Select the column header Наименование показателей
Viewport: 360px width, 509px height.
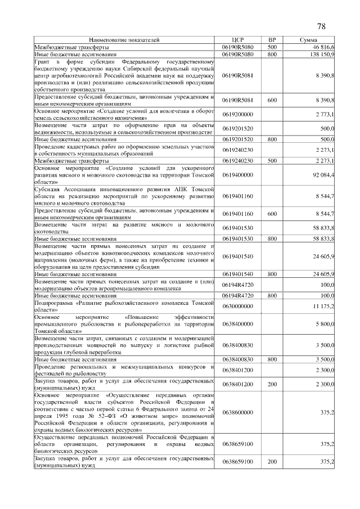[124, 40]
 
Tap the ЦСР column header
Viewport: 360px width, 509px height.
[238, 40]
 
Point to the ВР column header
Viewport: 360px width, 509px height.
[272, 40]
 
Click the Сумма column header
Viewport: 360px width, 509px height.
[308, 40]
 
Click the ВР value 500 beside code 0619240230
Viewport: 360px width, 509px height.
[272, 161]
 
